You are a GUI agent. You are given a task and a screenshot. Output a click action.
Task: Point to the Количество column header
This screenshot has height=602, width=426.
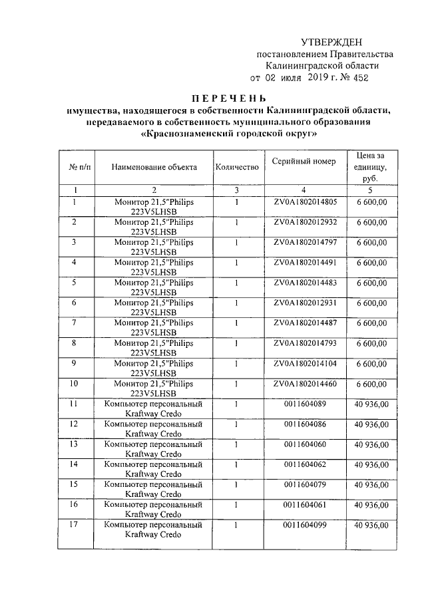click(236, 166)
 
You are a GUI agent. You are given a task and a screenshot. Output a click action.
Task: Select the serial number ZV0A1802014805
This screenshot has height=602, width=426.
click(305, 201)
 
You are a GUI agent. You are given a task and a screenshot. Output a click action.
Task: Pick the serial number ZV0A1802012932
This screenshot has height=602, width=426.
click(305, 222)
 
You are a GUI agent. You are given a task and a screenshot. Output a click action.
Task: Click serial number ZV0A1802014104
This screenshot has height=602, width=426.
click(305, 364)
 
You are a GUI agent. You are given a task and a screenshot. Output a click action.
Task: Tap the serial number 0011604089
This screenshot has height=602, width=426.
click(305, 404)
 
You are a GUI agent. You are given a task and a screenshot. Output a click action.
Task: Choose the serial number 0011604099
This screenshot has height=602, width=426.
click(305, 526)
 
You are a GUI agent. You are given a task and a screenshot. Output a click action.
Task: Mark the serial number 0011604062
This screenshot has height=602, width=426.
click(305, 465)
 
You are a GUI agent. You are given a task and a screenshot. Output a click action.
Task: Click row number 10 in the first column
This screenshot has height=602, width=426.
click(74, 384)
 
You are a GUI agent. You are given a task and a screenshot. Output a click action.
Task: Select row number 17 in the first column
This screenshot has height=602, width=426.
click(74, 526)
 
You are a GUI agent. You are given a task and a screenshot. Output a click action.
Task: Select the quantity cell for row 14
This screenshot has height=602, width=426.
click(236, 465)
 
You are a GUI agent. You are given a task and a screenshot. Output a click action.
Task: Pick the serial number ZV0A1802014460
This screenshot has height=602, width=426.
click(305, 384)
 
